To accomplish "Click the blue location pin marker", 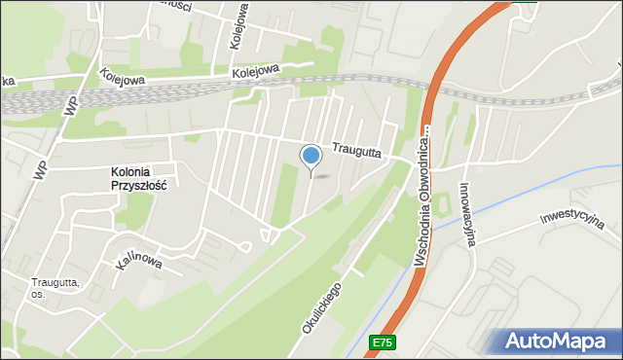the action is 311,156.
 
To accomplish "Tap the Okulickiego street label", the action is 322,308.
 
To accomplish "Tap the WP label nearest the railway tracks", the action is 69,104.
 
